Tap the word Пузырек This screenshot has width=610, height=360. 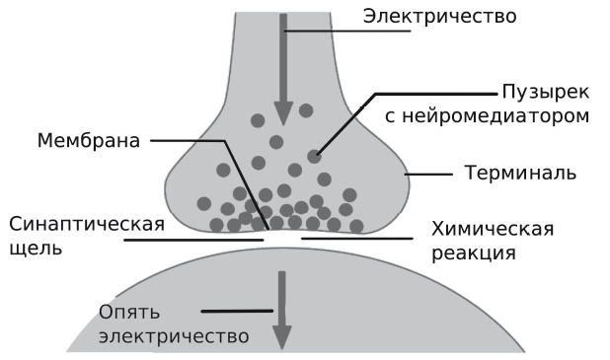coord(540,91)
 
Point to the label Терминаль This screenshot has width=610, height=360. coord(520,175)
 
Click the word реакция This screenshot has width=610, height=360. coord(473,253)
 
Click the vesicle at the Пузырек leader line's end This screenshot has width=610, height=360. coord(314,155)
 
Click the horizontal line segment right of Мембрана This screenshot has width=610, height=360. coord(188,140)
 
